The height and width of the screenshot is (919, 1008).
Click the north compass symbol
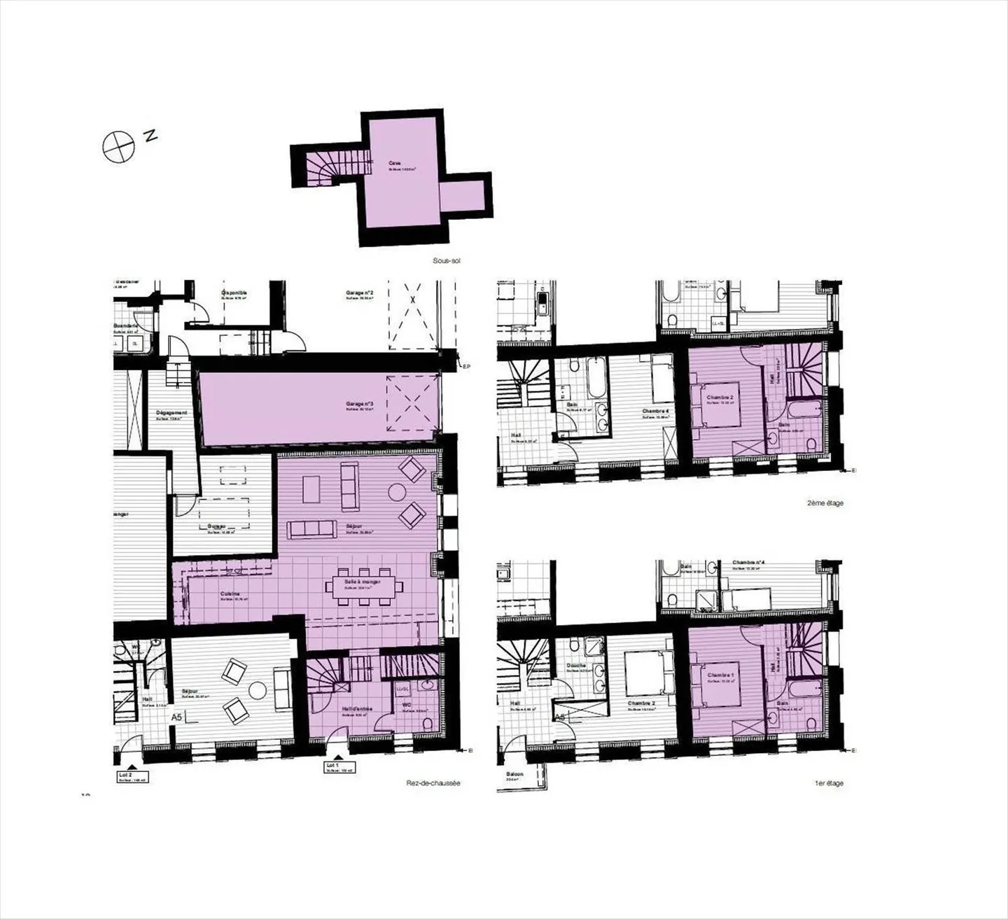coord(118,147)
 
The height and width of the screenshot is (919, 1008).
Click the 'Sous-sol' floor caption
coord(447,261)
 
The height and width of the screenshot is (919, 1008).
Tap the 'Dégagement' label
coord(171,413)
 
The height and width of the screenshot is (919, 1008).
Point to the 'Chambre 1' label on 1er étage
coord(720,675)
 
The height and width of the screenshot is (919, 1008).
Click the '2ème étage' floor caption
coord(824,503)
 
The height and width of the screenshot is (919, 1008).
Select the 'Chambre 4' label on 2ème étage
coord(655,411)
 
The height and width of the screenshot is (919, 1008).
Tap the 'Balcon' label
coord(517,775)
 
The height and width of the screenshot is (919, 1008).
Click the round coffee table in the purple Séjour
coord(397,493)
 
